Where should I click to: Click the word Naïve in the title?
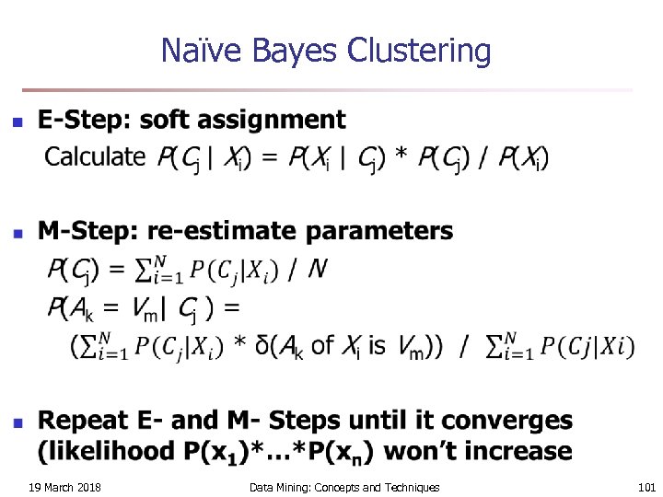pyautogui.click(x=191, y=51)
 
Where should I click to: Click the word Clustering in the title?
pyautogui.click(x=420, y=52)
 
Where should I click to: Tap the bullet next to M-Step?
pyautogui.click(x=16, y=234)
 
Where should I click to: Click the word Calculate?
pyautogui.click(x=95, y=157)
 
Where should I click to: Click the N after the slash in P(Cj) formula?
pyautogui.click(x=318, y=270)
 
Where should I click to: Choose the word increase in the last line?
pyautogui.click(x=525, y=451)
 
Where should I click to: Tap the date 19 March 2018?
pyautogui.click(x=64, y=487)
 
